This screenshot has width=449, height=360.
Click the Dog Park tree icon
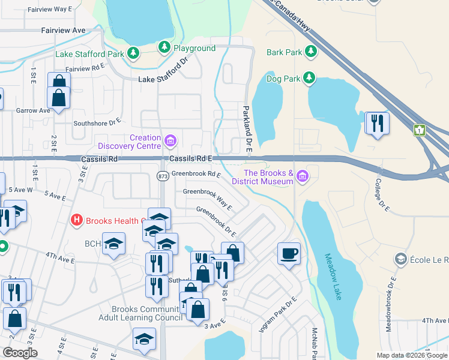(309, 77)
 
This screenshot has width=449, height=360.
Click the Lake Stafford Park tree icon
(133, 54)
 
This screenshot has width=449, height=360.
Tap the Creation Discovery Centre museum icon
(170, 142)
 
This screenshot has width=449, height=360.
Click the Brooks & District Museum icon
(303, 176)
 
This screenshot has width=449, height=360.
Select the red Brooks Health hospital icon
(76, 220)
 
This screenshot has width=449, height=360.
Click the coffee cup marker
(289, 253)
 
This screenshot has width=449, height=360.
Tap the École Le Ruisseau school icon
(400, 259)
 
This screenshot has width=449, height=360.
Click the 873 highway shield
(163, 176)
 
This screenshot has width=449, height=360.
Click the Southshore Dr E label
(97, 123)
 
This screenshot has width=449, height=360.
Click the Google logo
(20, 353)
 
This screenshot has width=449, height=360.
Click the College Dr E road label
(382, 196)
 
